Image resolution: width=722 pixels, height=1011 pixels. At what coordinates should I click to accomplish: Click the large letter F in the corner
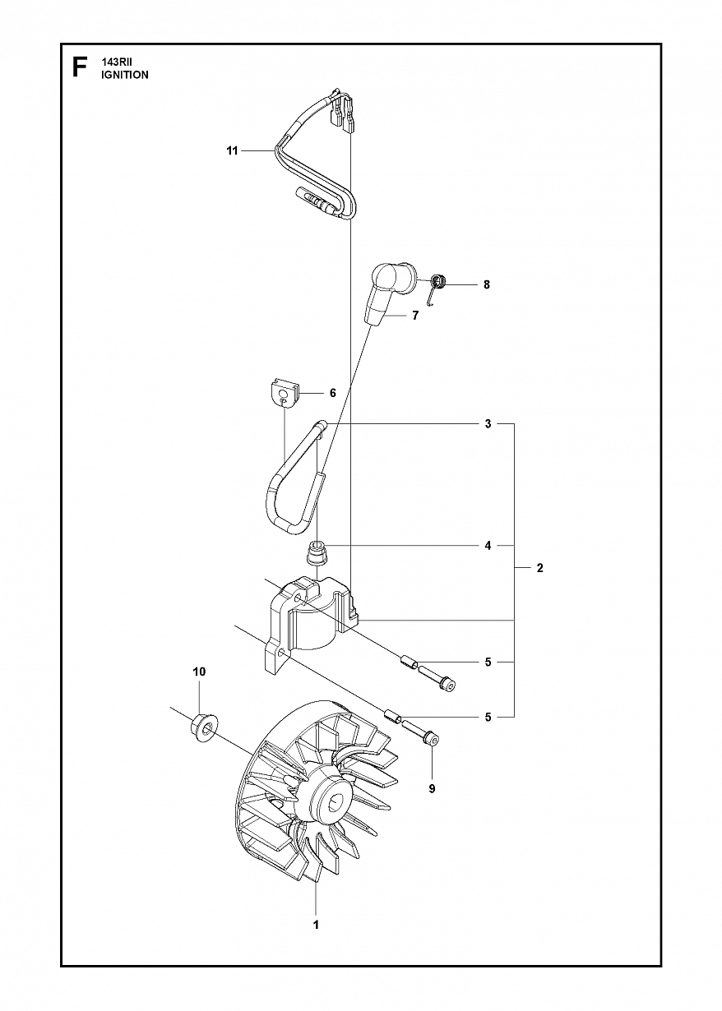point(80,68)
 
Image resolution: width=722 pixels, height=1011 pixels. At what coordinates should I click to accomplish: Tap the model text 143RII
point(114,63)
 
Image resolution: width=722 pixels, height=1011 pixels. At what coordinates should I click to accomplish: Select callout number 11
point(232,150)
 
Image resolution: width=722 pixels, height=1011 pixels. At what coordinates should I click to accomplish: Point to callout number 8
point(486,284)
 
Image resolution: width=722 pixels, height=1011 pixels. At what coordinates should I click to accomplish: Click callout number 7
point(415,315)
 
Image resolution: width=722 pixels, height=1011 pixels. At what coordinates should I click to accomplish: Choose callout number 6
point(333,393)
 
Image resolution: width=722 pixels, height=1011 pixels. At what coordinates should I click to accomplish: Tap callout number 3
point(488,424)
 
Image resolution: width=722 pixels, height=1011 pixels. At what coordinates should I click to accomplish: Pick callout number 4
point(488,546)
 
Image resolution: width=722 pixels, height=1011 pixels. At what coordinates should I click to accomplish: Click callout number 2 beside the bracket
point(540,568)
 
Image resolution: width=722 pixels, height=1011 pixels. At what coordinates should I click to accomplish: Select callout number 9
point(432,788)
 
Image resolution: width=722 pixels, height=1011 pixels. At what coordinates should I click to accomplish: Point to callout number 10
point(199,685)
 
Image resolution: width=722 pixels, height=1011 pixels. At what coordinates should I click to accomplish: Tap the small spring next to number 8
point(436,287)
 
